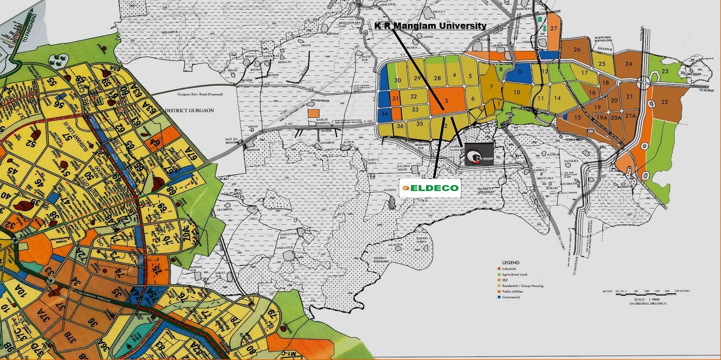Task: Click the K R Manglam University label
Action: click(430, 26)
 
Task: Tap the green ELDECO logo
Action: click(430, 188)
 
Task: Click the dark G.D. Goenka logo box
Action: click(479, 155)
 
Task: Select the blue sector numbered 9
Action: click(520, 72)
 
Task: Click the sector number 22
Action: click(665, 102)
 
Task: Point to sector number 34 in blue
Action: click(384, 114)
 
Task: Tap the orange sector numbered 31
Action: click(395, 99)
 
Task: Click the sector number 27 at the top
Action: click(553, 28)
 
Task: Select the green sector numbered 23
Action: click(665, 72)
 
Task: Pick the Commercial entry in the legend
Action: click(511, 297)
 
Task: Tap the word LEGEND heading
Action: click(511, 262)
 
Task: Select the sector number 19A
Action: click(602, 117)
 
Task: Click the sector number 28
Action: click(437, 78)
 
